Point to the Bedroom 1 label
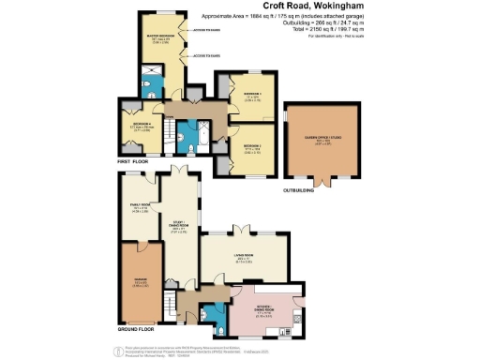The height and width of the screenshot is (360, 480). [240, 95]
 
